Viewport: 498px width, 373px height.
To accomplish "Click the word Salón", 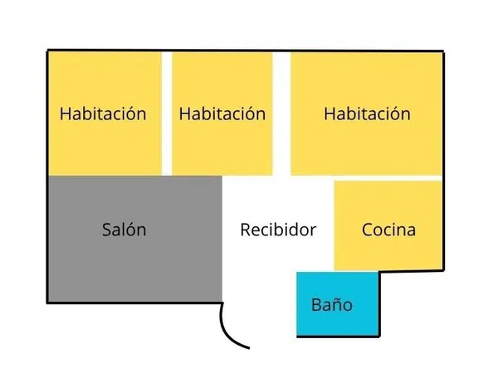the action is (x=124, y=229).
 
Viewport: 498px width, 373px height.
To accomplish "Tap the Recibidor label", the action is (x=278, y=230).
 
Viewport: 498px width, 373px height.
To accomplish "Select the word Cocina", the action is (x=388, y=230).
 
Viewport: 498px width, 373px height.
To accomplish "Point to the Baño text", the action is (x=332, y=304).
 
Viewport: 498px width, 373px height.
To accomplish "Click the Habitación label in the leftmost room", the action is (x=103, y=114).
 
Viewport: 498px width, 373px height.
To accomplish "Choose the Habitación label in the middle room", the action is (x=222, y=114).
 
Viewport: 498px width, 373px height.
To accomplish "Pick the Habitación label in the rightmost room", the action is (x=367, y=114).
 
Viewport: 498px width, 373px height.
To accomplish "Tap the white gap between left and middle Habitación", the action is (x=167, y=114).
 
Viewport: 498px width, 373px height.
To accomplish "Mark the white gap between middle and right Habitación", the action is (x=281, y=114).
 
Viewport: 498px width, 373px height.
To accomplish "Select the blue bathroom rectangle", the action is (x=338, y=303).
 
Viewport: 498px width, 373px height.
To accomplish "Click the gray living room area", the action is (x=135, y=239).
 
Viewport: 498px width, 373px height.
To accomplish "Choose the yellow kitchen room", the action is (x=388, y=225).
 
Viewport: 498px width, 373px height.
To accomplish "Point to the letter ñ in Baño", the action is (x=336, y=305).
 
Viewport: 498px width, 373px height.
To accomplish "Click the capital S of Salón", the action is (x=107, y=230).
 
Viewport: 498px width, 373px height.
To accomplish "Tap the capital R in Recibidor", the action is (x=246, y=230).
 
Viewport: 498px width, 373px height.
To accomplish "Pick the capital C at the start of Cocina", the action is (x=367, y=230).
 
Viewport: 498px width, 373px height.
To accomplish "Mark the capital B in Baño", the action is (x=316, y=304).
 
